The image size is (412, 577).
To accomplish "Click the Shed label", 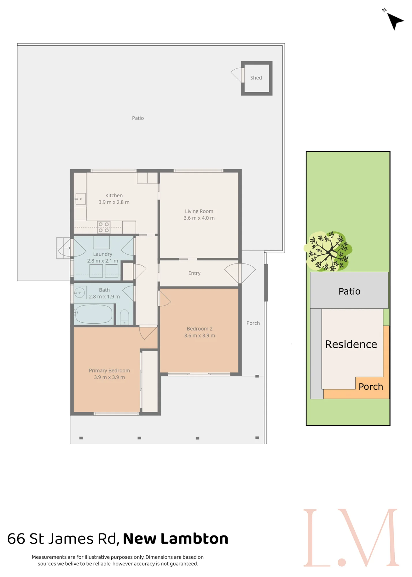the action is point(256,78).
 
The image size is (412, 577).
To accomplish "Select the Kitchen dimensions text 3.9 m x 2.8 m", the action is point(114,202).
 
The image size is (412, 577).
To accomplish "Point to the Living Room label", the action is point(199,211).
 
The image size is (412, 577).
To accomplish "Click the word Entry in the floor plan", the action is point(194,273).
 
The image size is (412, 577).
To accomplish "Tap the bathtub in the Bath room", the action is point(93,314).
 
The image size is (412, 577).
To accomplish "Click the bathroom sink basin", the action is point(80,293).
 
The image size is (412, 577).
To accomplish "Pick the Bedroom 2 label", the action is point(200,329).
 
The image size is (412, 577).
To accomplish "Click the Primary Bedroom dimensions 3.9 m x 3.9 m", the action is point(109,377).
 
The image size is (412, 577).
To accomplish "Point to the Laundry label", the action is point(103,254).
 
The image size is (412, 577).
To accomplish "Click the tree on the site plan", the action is point(328,252).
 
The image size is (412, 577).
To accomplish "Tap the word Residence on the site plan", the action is point(351,344).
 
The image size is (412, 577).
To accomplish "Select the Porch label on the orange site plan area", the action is point(371,387).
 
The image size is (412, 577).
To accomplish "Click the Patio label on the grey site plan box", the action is point(349,291).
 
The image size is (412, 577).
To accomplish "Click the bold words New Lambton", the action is point(176,539).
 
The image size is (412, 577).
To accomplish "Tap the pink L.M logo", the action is point(351,537).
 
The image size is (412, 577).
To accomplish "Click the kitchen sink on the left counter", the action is point(80,199).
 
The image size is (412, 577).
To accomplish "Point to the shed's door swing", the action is point(237,74).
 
